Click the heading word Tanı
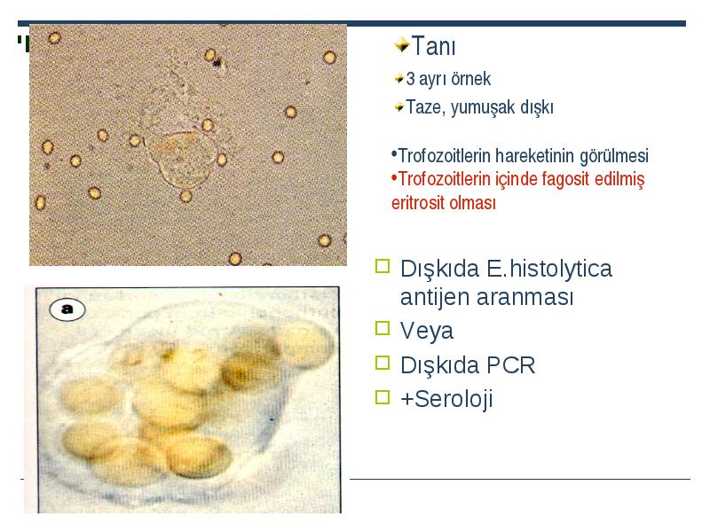tap(433, 46)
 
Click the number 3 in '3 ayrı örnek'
tap(410, 79)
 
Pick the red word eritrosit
tap(417, 203)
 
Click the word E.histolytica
tap(549, 269)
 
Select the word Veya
tap(427, 331)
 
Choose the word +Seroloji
tap(446, 399)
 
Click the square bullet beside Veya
tap(383, 328)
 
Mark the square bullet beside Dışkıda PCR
tap(383, 363)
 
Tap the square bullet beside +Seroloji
tap(383, 397)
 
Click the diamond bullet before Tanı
tap(402, 45)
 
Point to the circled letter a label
tap(67, 309)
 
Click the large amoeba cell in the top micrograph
tap(182, 159)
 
